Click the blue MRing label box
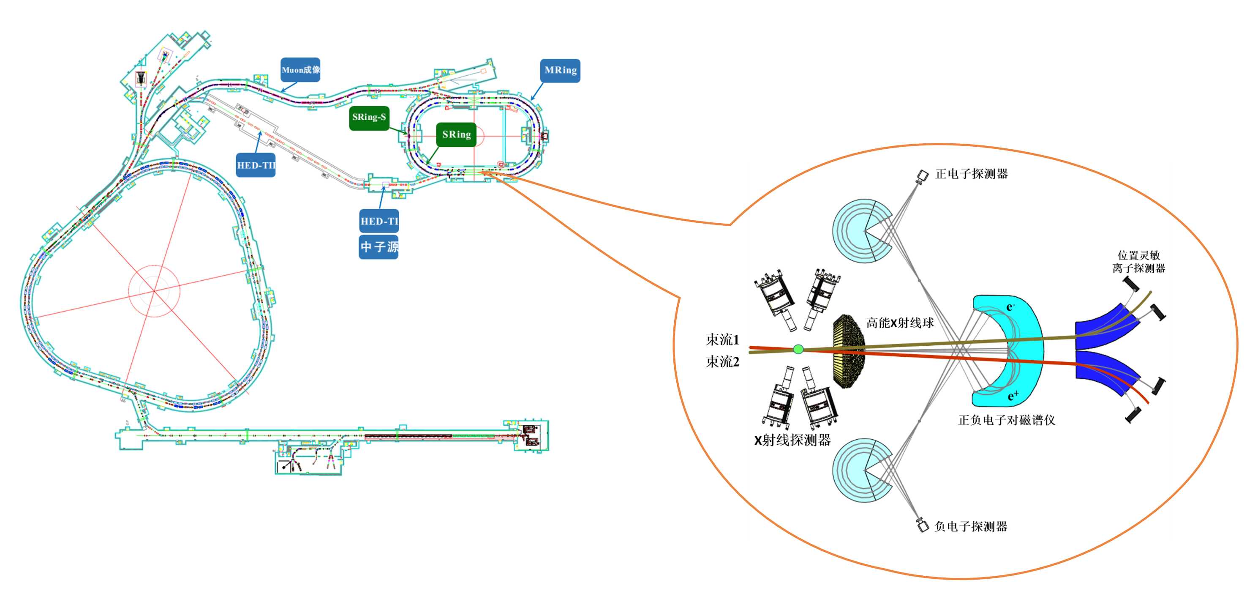[560, 70]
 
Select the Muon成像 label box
[300, 70]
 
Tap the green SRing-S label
[369, 118]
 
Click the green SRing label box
[456, 135]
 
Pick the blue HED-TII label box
[256, 165]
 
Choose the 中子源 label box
[378, 247]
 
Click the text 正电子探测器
[972, 174]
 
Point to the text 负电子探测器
[971, 527]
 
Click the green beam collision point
[798, 349]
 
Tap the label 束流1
[722, 339]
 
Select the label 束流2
[722, 361]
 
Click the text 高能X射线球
[900, 323]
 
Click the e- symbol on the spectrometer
[1010, 306]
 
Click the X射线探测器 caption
[792, 440]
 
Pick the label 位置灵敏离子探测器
[1138, 262]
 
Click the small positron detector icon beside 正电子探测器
[922, 175]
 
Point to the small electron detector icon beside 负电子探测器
[922, 525]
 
